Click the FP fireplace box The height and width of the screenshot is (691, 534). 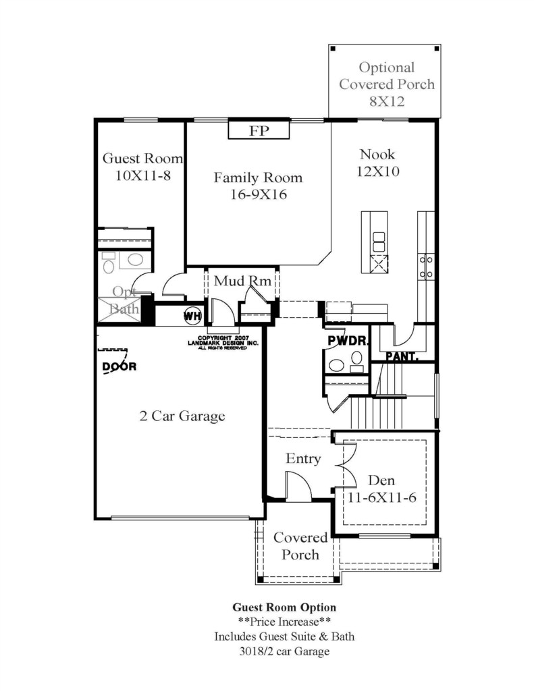[259, 130]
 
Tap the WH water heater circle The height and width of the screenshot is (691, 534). [192, 316]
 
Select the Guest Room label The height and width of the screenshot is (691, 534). [142, 158]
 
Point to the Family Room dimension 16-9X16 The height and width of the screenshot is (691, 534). [259, 194]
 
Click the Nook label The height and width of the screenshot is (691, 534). [377, 155]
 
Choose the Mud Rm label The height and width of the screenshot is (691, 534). [242, 281]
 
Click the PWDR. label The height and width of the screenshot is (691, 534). [348, 341]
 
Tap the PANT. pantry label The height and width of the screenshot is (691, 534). [402, 356]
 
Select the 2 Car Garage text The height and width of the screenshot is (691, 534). [182, 416]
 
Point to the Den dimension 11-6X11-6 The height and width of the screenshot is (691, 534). [382, 497]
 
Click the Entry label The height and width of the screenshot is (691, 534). [303, 458]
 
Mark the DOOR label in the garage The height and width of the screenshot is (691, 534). [119, 366]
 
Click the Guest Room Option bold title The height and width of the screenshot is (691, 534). [284, 607]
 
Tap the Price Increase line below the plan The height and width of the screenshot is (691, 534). [284, 621]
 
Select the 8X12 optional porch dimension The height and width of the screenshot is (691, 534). [387, 101]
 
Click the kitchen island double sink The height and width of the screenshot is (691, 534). [379, 242]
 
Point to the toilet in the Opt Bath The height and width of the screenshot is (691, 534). [108, 262]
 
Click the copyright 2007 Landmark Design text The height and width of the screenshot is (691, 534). [223, 343]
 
